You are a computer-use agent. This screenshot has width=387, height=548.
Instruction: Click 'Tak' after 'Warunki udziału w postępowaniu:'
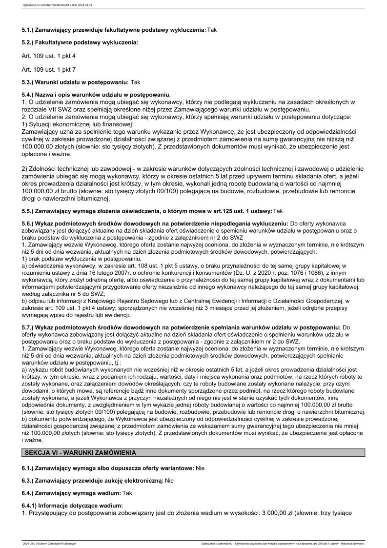click(135, 82)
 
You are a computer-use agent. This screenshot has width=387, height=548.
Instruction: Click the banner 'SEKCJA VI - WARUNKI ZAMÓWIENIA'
click(194, 453)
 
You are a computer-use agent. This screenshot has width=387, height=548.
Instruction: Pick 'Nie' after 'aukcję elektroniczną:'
click(169, 481)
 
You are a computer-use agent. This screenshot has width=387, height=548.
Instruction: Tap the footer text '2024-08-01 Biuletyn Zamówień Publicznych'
click(49, 543)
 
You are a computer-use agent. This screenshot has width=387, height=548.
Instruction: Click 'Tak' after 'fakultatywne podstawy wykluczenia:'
click(212, 30)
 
